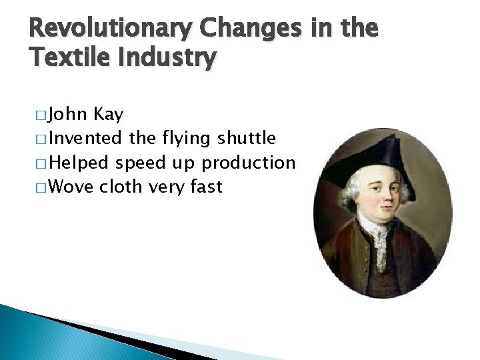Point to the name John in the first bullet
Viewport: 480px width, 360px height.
[70, 115]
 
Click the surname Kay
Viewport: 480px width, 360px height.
[109, 115]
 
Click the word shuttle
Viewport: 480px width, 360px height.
[246, 139]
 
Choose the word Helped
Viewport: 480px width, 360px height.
[80, 163]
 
